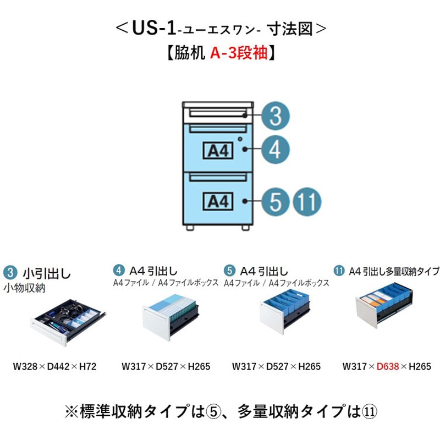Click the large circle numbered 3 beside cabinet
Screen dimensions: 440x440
(275, 116)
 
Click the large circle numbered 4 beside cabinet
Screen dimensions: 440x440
(275, 150)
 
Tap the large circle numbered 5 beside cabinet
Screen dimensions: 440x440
(275, 202)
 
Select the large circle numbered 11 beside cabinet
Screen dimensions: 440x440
(306, 202)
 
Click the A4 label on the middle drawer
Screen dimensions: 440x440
(219, 150)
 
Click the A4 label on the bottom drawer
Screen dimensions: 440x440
(219, 202)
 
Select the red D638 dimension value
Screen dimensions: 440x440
(387, 366)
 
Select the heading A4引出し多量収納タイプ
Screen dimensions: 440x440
(393, 271)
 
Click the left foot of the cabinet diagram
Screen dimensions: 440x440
(190, 227)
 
